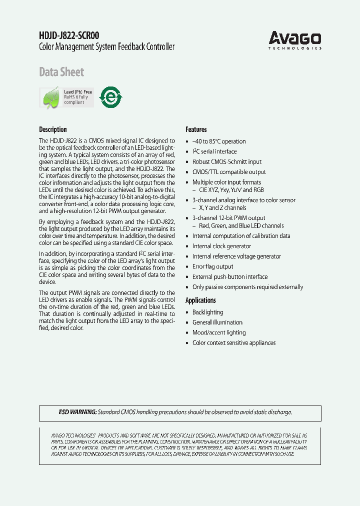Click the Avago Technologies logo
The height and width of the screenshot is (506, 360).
click(295, 39)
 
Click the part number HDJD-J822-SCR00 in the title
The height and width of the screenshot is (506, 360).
click(69, 35)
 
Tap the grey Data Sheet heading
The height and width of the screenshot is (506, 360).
click(61, 72)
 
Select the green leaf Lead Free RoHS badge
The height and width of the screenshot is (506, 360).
click(66, 97)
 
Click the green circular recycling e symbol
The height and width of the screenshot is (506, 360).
click(110, 97)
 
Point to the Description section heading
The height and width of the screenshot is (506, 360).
click(53, 129)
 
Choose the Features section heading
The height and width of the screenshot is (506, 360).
click(196, 129)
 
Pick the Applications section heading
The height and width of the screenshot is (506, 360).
click(200, 300)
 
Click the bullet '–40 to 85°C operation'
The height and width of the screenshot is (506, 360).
click(219, 141)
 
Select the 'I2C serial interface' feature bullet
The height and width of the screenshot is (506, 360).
click(214, 151)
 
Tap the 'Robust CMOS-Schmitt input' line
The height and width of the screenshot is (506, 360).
click(226, 162)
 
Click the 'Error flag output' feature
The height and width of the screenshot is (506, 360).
click(212, 266)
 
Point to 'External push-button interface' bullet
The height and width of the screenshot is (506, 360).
click(230, 277)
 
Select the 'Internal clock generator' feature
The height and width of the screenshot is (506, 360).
click(221, 246)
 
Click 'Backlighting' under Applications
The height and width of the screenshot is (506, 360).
click(207, 312)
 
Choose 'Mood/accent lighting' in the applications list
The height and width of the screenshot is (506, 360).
click(219, 332)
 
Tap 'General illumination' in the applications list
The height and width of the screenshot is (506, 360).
click(217, 322)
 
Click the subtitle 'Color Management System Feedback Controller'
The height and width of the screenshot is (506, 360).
click(106, 47)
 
